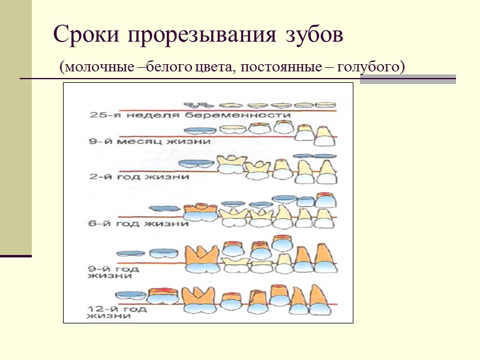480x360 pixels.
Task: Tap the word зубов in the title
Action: (312, 35)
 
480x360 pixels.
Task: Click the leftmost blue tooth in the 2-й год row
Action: (197, 164)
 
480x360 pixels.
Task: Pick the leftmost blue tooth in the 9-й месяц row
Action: (199, 130)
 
